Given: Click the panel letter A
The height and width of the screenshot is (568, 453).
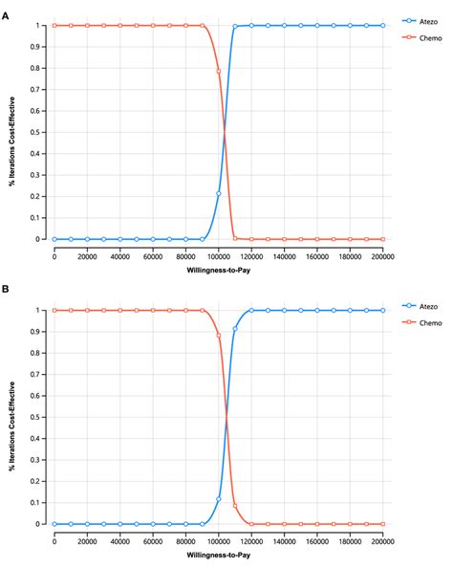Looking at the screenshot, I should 7,8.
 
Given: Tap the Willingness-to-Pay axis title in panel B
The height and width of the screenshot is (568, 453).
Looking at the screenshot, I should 218,555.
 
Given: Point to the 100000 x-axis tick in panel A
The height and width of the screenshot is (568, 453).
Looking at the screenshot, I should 218,256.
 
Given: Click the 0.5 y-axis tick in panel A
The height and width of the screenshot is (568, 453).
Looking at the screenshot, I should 39,132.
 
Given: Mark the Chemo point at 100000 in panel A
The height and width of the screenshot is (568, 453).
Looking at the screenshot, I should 219,71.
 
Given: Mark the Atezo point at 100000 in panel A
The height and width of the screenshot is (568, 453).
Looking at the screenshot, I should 219,193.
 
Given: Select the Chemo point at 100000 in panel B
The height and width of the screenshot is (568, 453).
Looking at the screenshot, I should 219,336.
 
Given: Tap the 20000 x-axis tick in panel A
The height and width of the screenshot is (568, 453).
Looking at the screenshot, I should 87,256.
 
